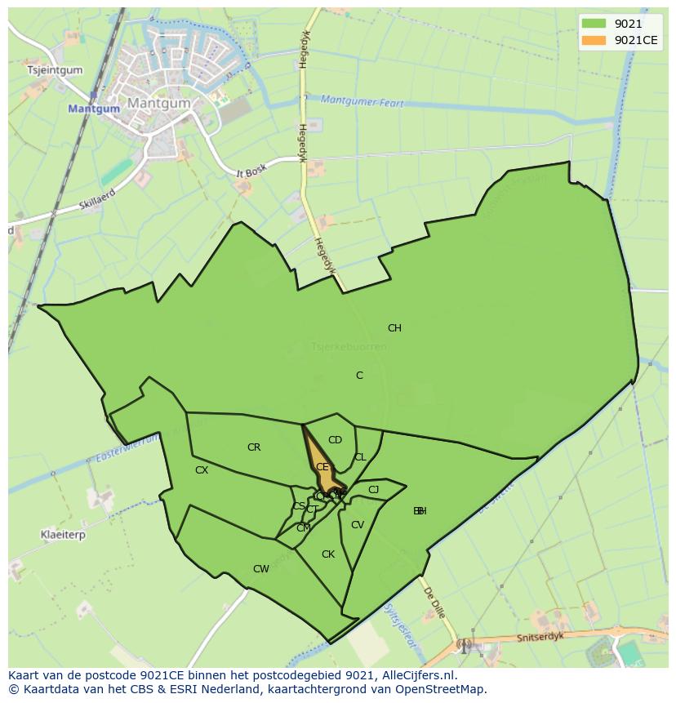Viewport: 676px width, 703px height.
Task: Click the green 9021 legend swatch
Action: (594, 24)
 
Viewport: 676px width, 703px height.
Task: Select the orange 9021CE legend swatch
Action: (594, 40)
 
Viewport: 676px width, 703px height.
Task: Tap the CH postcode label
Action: (394, 328)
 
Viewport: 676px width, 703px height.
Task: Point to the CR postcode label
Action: (254, 447)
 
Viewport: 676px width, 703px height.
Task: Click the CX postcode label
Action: (202, 470)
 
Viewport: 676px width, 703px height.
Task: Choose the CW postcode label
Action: (260, 569)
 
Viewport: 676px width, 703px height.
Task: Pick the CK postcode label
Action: (328, 554)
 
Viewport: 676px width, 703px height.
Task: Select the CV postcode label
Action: (357, 525)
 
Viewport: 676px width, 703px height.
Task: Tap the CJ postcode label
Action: (374, 490)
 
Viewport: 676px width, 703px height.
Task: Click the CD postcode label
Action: (335, 440)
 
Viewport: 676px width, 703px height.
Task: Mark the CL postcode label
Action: (360, 457)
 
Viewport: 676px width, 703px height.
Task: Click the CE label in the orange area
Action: (322, 467)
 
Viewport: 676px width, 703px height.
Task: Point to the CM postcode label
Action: (303, 528)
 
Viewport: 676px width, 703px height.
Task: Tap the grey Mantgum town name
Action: (158, 104)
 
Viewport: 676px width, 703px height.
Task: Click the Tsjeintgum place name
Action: (56, 70)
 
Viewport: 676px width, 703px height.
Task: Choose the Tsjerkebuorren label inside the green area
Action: (349, 347)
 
